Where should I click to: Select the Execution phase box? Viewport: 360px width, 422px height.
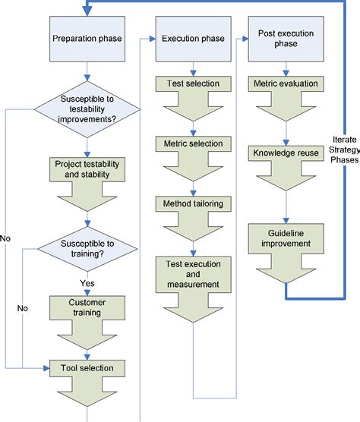click(x=192, y=38)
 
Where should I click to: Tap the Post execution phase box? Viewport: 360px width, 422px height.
click(x=284, y=38)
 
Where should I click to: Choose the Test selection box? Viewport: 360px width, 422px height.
click(x=192, y=83)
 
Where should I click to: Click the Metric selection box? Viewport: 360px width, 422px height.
click(x=192, y=143)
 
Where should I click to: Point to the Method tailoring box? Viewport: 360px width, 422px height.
click(x=192, y=203)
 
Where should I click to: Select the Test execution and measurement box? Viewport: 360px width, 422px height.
click(x=192, y=273)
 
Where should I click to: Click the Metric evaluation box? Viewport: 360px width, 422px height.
click(x=284, y=83)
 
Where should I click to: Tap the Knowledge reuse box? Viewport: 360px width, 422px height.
click(x=284, y=153)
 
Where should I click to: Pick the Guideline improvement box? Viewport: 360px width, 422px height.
click(x=284, y=238)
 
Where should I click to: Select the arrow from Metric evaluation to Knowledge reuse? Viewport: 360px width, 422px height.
click(x=284, y=127)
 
